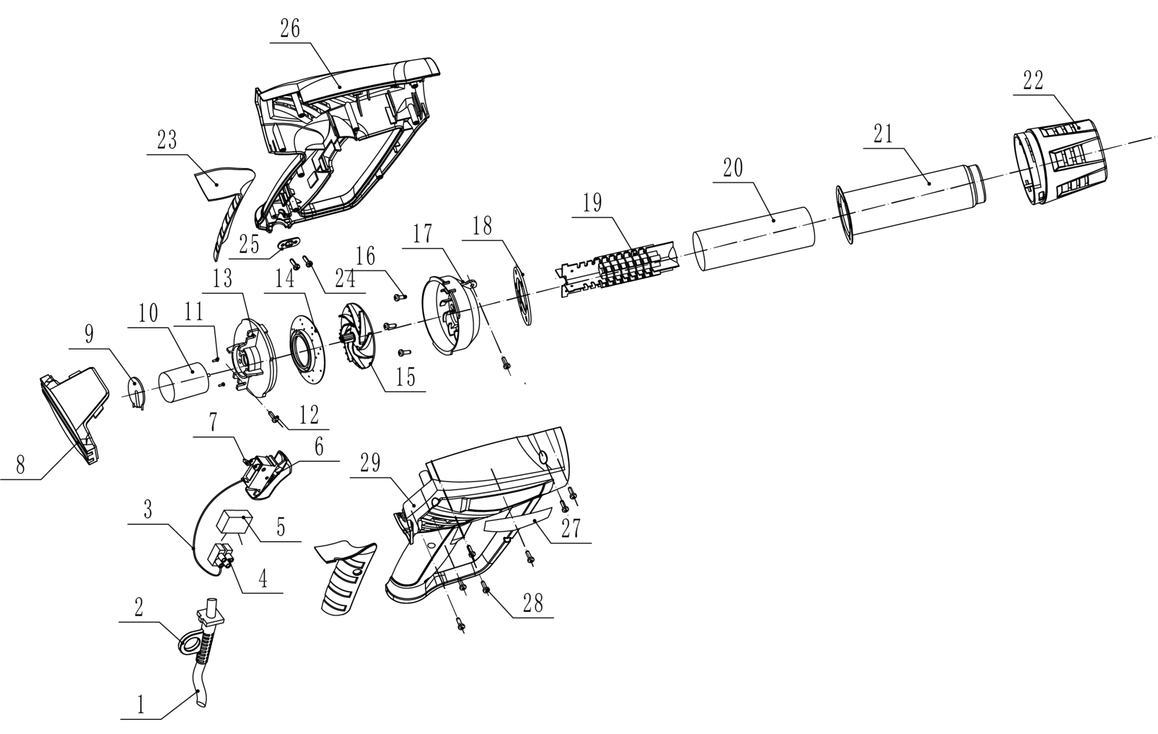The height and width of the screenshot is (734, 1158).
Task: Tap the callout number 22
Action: pos(1033,81)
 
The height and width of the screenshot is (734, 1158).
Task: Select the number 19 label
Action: pos(592,203)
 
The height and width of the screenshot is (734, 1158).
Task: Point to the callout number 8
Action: pos(20,465)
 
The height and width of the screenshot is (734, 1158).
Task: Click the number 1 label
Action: pos(140,705)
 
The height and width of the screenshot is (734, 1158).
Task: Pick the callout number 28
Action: pos(533,604)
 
